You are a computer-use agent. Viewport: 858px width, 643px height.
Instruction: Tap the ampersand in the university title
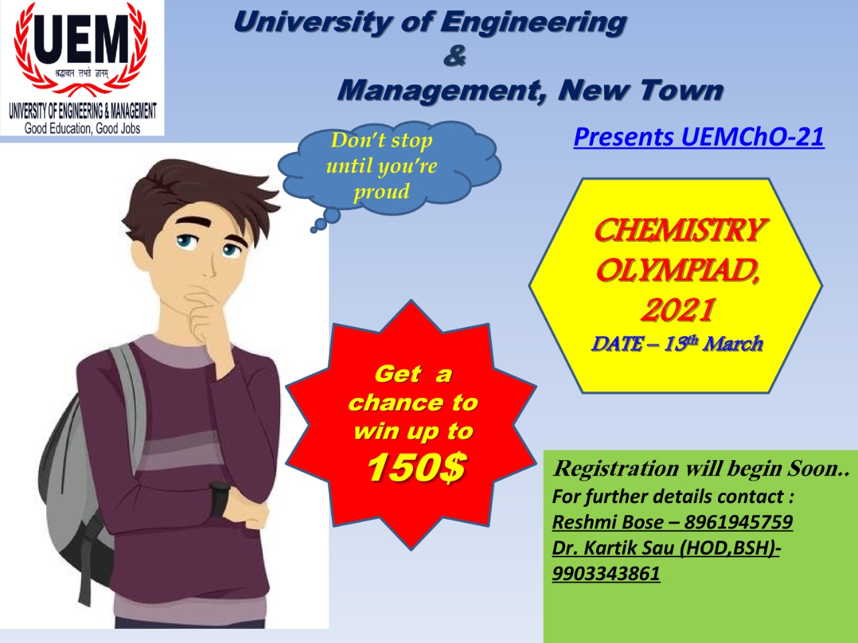(x=454, y=56)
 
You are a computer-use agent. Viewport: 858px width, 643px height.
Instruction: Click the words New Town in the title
(x=641, y=90)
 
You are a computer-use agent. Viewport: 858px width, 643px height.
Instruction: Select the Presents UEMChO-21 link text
(x=698, y=137)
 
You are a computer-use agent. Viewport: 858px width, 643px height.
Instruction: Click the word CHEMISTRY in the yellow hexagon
(x=678, y=230)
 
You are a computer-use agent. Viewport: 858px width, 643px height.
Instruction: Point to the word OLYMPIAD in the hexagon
(x=676, y=271)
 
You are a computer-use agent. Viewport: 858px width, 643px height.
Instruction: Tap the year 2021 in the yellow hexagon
(x=678, y=309)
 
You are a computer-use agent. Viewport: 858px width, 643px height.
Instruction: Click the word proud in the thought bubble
(x=381, y=192)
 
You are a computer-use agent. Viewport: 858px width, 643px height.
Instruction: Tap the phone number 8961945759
(x=738, y=522)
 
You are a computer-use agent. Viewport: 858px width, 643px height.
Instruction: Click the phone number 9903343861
(x=606, y=573)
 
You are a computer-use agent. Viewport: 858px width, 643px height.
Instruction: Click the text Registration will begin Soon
(x=701, y=468)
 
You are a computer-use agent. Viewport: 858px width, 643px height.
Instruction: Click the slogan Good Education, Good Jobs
(x=82, y=128)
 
